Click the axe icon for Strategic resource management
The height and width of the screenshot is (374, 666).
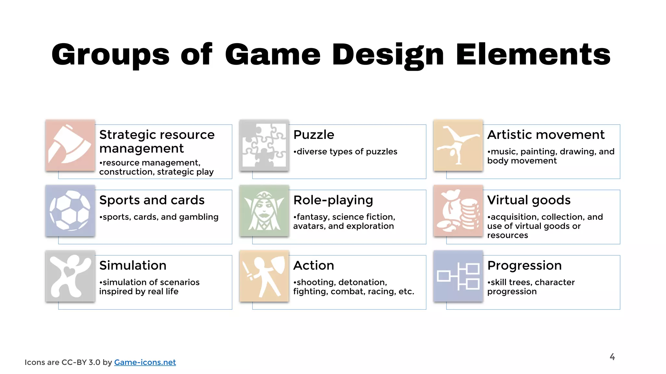(70, 145)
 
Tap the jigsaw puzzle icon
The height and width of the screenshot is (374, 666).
(264, 145)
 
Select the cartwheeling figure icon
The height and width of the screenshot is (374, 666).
(458, 145)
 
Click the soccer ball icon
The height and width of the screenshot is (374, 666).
(70, 210)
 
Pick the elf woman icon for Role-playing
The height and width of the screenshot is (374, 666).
(264, 210)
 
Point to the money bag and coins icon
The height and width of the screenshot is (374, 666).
(458, 210)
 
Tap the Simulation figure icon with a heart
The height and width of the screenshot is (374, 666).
(70, 276)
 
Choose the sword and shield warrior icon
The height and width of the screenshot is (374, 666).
(264, 276)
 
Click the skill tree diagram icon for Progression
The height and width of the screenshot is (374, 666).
(458, 276)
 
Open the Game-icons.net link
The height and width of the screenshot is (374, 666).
(145, 362)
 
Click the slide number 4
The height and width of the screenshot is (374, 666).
(612, 357)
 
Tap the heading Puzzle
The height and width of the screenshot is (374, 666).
(313, 135)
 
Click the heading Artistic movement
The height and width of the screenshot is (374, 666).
(546, 135)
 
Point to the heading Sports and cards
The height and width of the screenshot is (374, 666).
(152, 200)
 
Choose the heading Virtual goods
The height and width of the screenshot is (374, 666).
(529, 200)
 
